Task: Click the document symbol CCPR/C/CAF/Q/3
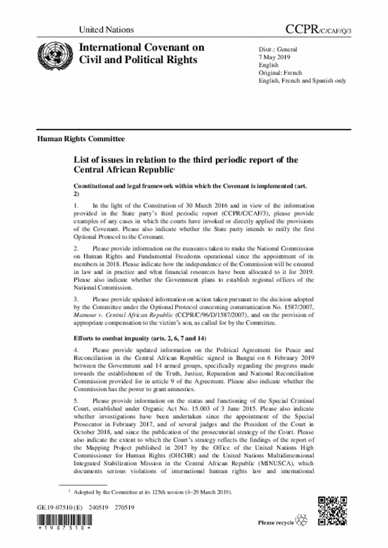pos(319,28)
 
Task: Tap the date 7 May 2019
pos(274,55)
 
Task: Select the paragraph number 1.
pos(76,208)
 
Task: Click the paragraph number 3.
pos(76,300)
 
